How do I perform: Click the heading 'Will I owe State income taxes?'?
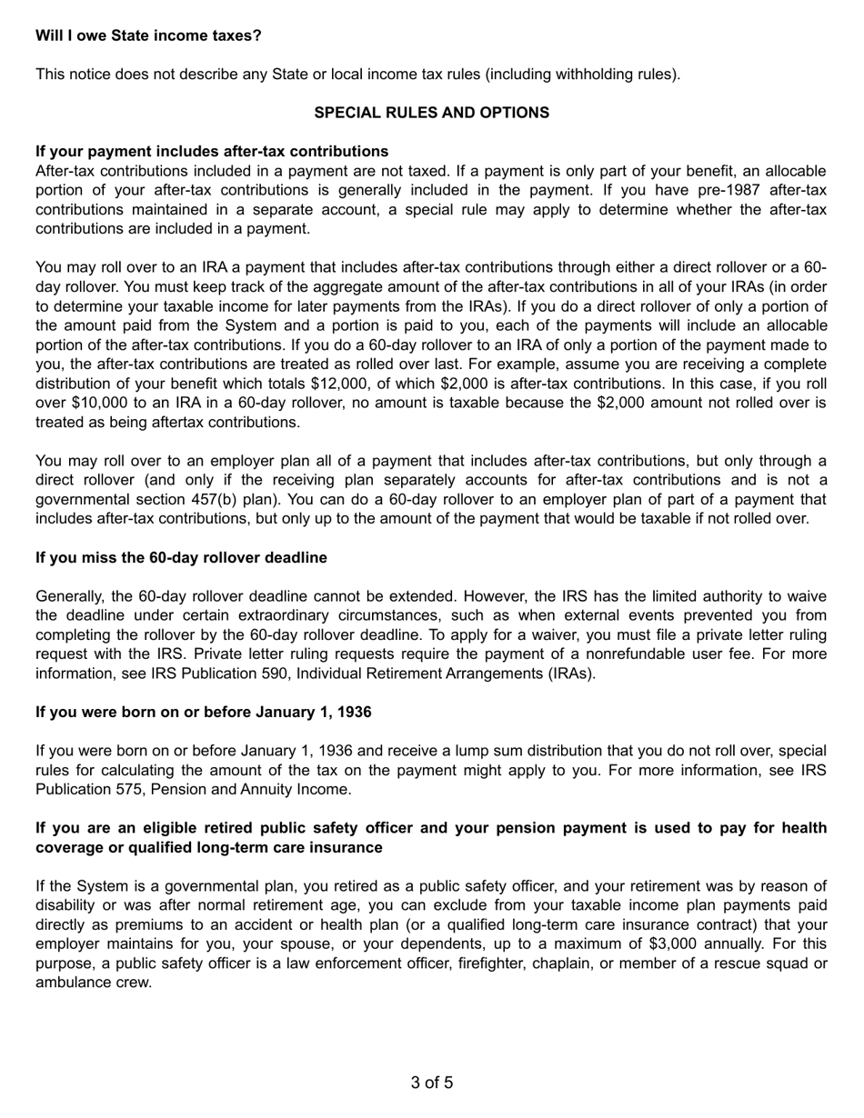(148, 35)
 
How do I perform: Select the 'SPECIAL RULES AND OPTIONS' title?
(431, 113)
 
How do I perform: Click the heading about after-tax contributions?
(212, 151)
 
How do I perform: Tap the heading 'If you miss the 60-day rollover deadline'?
(181, 557)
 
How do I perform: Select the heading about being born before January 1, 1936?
(203, 712)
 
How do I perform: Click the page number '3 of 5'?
(431, 1083)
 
